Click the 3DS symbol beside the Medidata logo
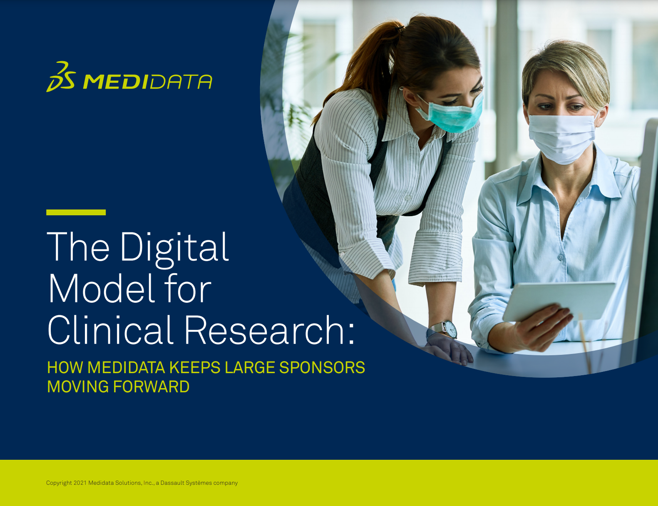(61, 76)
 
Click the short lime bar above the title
(76, 212)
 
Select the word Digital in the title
(174, 249)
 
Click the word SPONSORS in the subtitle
(322, 368)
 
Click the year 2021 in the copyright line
(80, 483)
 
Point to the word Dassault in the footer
(172, 483)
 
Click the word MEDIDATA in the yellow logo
(147, 82)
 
